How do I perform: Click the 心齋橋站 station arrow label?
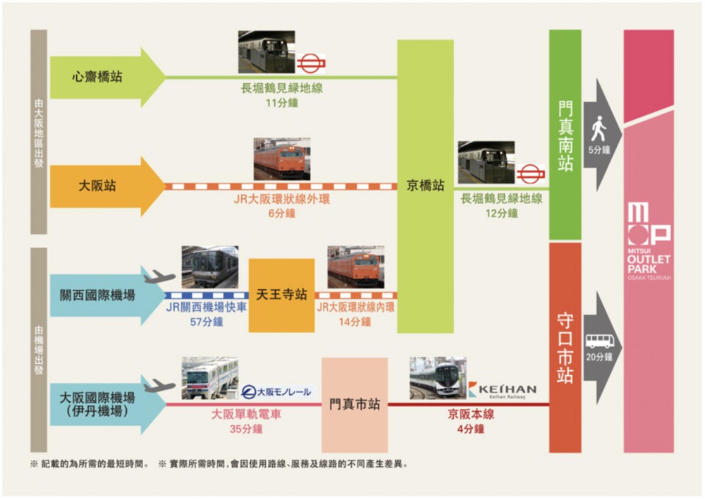click(x=97, y=77)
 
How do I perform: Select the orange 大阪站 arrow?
click(x=98, y=186)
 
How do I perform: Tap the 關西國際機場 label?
click(x=97, y=295)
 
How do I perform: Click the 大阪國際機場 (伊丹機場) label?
click(x=97, y=404)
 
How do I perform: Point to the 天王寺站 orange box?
click(x=281, y=295)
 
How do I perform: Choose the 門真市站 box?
click(x=355, y=405)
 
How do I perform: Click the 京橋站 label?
click(x=425, y=186)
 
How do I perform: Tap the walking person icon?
click(x=599, y=129)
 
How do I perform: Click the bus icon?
click(x=599, y=341)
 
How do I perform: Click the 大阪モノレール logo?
click(x=276, y=392)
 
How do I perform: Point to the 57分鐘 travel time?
click(x=207, y=322)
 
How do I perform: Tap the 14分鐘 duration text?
click(x=355, y=322)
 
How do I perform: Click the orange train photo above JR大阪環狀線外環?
click(x=282, y=158)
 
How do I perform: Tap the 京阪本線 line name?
click(x=470, y=414)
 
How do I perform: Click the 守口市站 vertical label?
click(x=565, y=348)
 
